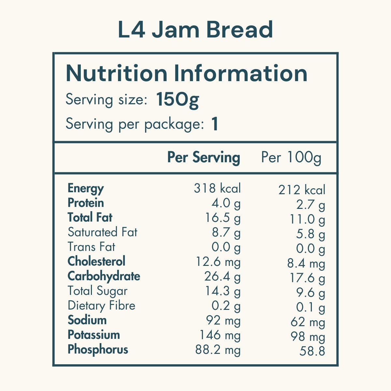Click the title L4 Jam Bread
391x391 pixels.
click(195, 30)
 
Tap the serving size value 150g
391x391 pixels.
click(177, 99)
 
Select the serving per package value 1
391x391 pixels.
click(214, 124)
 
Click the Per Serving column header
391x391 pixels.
click(204, 157)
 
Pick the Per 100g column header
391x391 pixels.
click(291, 158)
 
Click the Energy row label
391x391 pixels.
click(86, 188)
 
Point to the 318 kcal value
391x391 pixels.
click(217, 188)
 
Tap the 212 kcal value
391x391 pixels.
click(302, 190)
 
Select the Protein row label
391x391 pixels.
click(86, 203)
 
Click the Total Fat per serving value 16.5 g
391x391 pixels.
click(223, 218)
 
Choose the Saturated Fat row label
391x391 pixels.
click(103, 232)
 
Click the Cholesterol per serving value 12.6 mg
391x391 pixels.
click(218, 262)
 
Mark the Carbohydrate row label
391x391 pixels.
click(104, 276)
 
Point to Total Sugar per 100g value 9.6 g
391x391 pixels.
click(311, 293)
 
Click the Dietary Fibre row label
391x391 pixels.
click(101, 306)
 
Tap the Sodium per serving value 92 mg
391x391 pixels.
click(223, 321)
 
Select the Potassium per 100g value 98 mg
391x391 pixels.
click(308, 337)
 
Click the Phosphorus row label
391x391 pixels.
click(98, 350)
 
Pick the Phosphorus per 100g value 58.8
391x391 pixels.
click(312, 351)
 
